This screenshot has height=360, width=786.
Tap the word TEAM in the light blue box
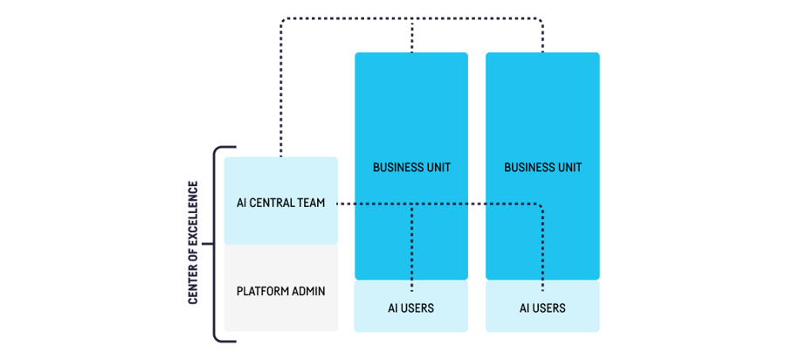(311, 203)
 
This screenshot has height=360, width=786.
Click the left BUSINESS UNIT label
(411, 167)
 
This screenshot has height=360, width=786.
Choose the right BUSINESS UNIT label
(542, 167)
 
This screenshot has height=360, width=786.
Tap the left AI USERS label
(411, 308)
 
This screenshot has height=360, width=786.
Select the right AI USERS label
(542, 308)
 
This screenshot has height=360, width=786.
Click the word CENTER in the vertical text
(193, 285)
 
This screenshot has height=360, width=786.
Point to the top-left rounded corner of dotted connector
(284, 19)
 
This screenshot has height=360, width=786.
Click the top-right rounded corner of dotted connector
(540, 19)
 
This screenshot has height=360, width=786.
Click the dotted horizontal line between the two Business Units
(476, 204)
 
